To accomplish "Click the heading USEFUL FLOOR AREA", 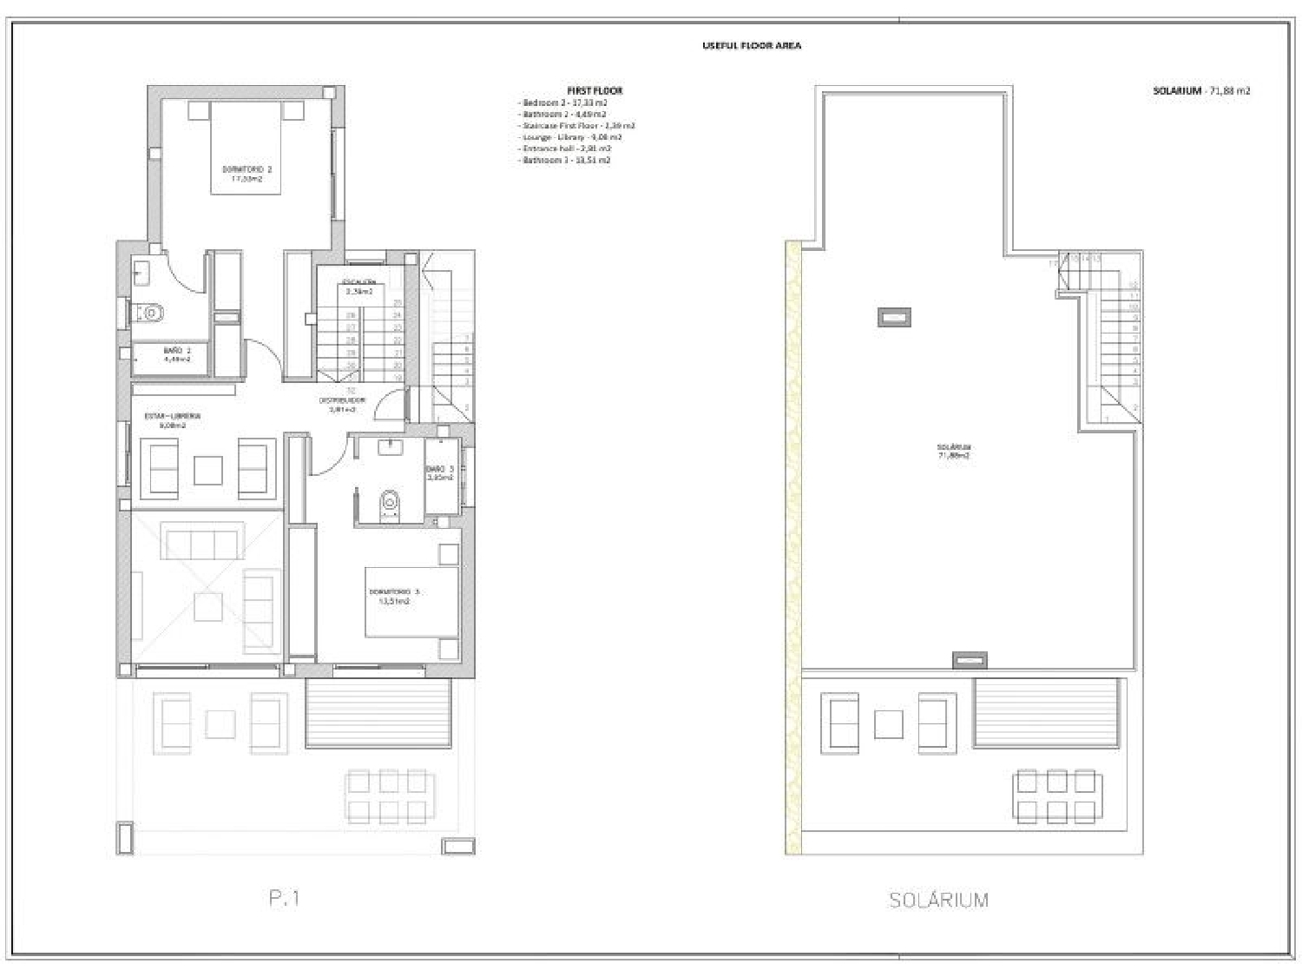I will coord(751,45).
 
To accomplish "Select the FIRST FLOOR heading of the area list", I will coord(594,90).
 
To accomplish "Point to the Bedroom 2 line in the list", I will coord(563,102).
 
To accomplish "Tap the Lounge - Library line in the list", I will coord(571,137).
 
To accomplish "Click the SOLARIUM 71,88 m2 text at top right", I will coord(1201,90).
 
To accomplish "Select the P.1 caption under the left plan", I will coord(284,899).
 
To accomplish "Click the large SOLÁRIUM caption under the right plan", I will coord(938,900).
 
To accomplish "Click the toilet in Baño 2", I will coord(149,311).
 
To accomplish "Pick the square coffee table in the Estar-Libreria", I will coord(208,470).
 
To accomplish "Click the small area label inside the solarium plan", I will coord(953,451).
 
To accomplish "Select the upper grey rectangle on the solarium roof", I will coord(894,318).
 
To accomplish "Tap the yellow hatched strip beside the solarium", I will coord(792,547).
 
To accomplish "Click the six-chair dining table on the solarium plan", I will coord(1055,795).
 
